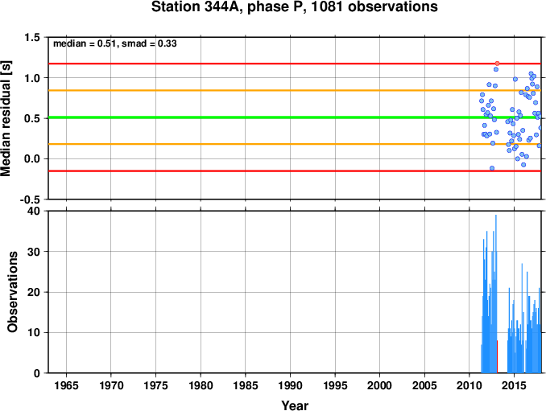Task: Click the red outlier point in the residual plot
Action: tap(497, 64)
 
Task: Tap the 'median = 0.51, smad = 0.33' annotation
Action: tap(115, 43)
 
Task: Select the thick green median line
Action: tap(295, 117)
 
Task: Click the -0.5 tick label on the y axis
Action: tap(31, 199)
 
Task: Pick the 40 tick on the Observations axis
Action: tap(34, 211)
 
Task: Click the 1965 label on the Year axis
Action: tap(66, 385)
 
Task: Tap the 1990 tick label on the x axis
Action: tap(290, 385)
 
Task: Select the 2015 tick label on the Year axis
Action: tap(514, 385)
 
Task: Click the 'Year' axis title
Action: tap(295, 405)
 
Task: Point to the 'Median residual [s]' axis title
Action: tap(6, 118)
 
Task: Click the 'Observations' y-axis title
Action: tap(12, 292)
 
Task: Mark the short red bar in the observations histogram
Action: tap(497, 356)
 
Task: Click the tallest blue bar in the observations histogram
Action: tap(496, 294)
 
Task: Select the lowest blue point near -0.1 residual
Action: tap(492, 168)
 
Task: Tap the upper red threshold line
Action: tap(295, 64)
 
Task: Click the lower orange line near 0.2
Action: tap(295, 144)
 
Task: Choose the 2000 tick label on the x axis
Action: tap(379, 385)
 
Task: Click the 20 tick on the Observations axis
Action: tap(34, 292)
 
